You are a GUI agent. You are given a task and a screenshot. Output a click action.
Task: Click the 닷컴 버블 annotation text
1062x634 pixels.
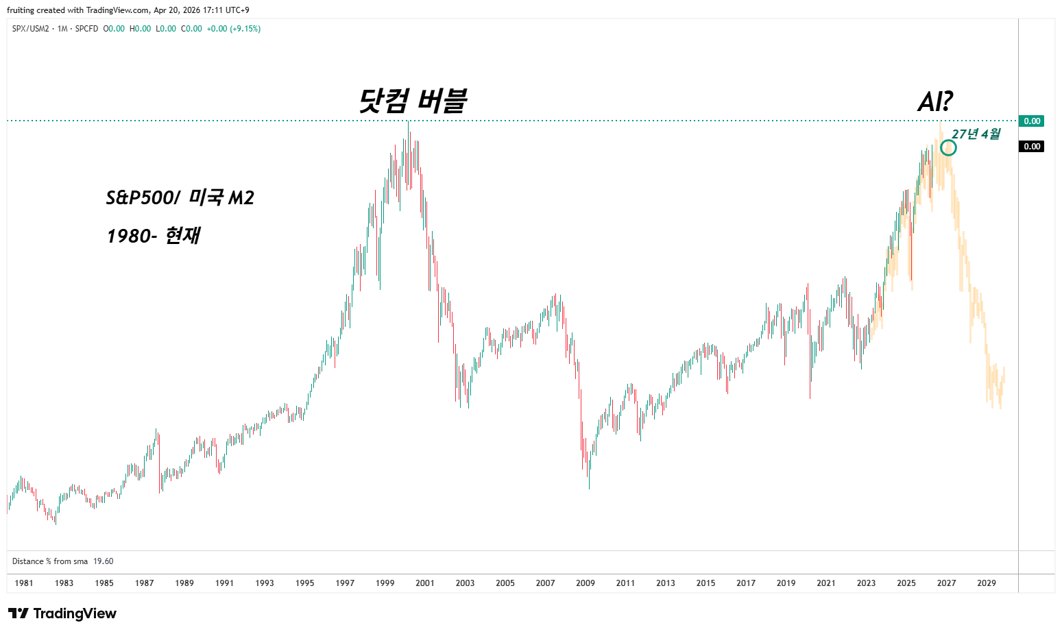point(413,101)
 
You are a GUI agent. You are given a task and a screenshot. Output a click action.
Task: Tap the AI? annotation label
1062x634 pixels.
point(935,102)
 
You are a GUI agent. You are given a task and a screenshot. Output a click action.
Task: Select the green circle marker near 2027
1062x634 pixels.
point(948,147)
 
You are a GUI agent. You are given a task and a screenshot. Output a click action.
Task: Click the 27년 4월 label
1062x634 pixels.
point(976,134)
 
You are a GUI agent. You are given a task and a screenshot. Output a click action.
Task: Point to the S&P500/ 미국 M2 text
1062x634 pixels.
point(180,198)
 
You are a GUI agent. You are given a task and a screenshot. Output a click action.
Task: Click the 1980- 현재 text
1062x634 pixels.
point(154,236)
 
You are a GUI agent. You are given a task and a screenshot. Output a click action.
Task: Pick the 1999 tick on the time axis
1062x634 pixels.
point(385,583)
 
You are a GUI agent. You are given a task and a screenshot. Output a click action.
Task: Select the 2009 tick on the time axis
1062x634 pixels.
point(586,583)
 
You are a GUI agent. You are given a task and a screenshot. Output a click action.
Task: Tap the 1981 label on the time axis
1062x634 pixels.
point(24,583)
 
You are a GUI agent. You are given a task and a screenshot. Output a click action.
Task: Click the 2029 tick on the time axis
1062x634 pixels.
point(987,583)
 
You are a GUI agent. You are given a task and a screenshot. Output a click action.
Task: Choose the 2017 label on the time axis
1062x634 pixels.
point(746,583)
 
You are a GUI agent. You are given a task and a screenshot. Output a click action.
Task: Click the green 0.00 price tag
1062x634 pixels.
point(1032,121)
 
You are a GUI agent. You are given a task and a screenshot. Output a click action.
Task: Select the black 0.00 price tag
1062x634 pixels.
point(1032,147)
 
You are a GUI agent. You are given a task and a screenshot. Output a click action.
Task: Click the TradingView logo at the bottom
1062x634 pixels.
point(62,613)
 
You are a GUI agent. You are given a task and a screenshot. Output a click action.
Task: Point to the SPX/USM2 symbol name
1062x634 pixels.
point(31,29)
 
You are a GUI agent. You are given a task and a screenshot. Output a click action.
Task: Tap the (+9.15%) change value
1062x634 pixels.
point(245,29)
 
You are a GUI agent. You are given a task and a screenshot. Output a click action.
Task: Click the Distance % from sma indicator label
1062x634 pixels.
point(50,561)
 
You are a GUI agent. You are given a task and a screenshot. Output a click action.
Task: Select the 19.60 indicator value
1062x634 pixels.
point(104,561)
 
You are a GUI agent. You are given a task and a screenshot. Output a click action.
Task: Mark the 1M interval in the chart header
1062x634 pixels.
point(62,29)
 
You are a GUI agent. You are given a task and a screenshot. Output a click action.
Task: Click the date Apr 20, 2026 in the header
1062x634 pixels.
point(177,10)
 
